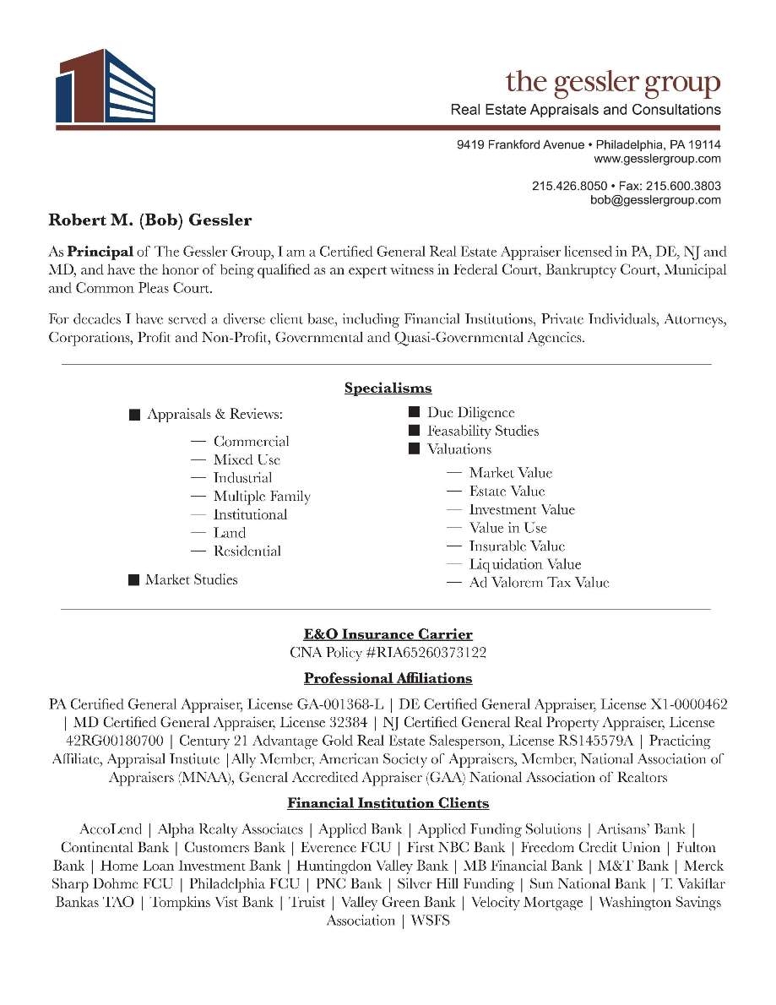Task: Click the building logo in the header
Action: pos(106,85)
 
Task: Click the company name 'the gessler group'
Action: pos(613,83)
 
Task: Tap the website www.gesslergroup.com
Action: pos(657,159)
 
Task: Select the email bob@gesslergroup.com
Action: pos(655,200)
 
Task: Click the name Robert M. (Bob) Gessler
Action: pos(150,221)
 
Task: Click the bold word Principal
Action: pos(100,252)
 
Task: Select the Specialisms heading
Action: pos(388,388)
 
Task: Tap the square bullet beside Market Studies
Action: pos(133,580)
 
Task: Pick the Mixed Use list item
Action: pos(247,460)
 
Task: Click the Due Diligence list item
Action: pos(470,413)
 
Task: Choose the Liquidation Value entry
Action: pos(524,565)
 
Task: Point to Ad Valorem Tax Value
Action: pos(539,583)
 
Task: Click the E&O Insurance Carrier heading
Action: pos(388,634)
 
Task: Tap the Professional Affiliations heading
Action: pos(388,679)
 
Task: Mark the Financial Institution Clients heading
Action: pos(388,803)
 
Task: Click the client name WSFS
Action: pos(430,921)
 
